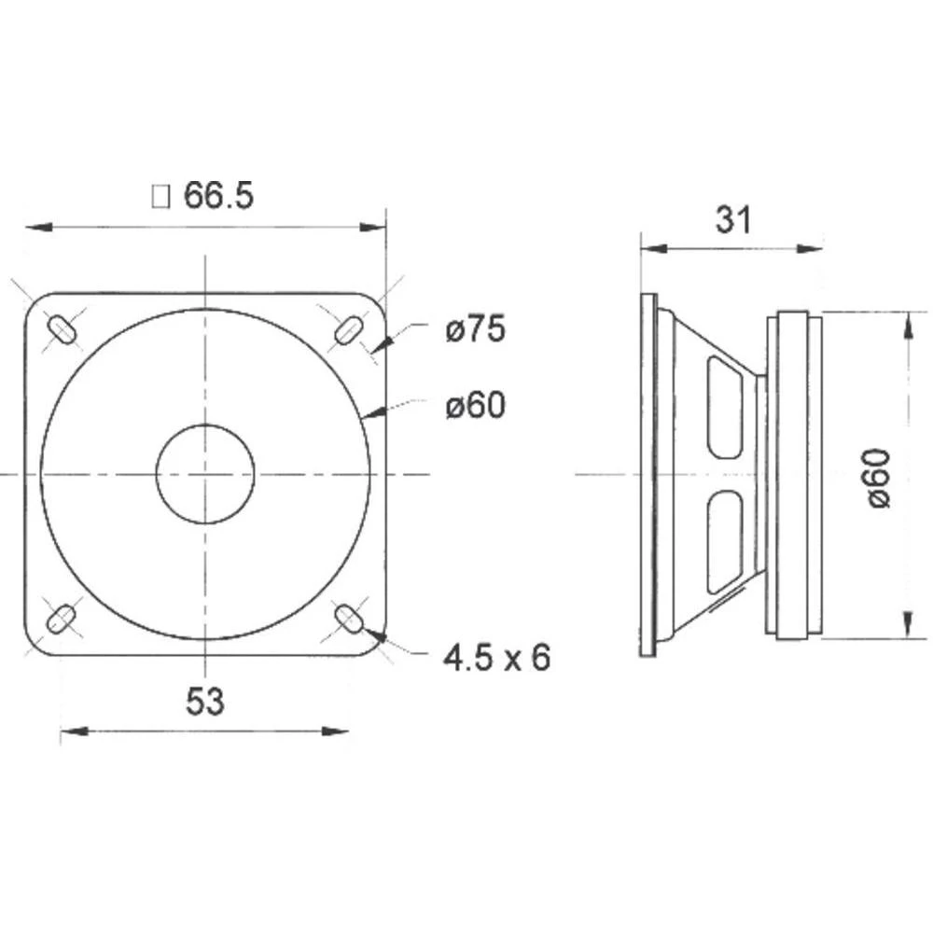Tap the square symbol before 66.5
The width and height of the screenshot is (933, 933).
tap(160, 197)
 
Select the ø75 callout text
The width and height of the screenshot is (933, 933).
tap(475, 329)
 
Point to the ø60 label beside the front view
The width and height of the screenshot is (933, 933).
tap(475, 406)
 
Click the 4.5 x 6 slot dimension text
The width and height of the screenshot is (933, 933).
tap(496, 659)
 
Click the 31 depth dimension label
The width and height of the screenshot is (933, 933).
tap(732, 220)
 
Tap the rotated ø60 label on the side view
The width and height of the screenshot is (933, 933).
tap(879, 477)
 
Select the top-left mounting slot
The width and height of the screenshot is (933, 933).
tap(61, 329)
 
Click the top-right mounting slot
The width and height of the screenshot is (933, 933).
tap(349, 329)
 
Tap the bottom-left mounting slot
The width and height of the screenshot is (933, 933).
tap(61, 618)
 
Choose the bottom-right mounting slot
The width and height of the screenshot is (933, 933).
tap(349, 618)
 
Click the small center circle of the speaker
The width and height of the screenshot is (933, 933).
tap(204, 474)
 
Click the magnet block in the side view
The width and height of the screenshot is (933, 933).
tap(793, 477)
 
